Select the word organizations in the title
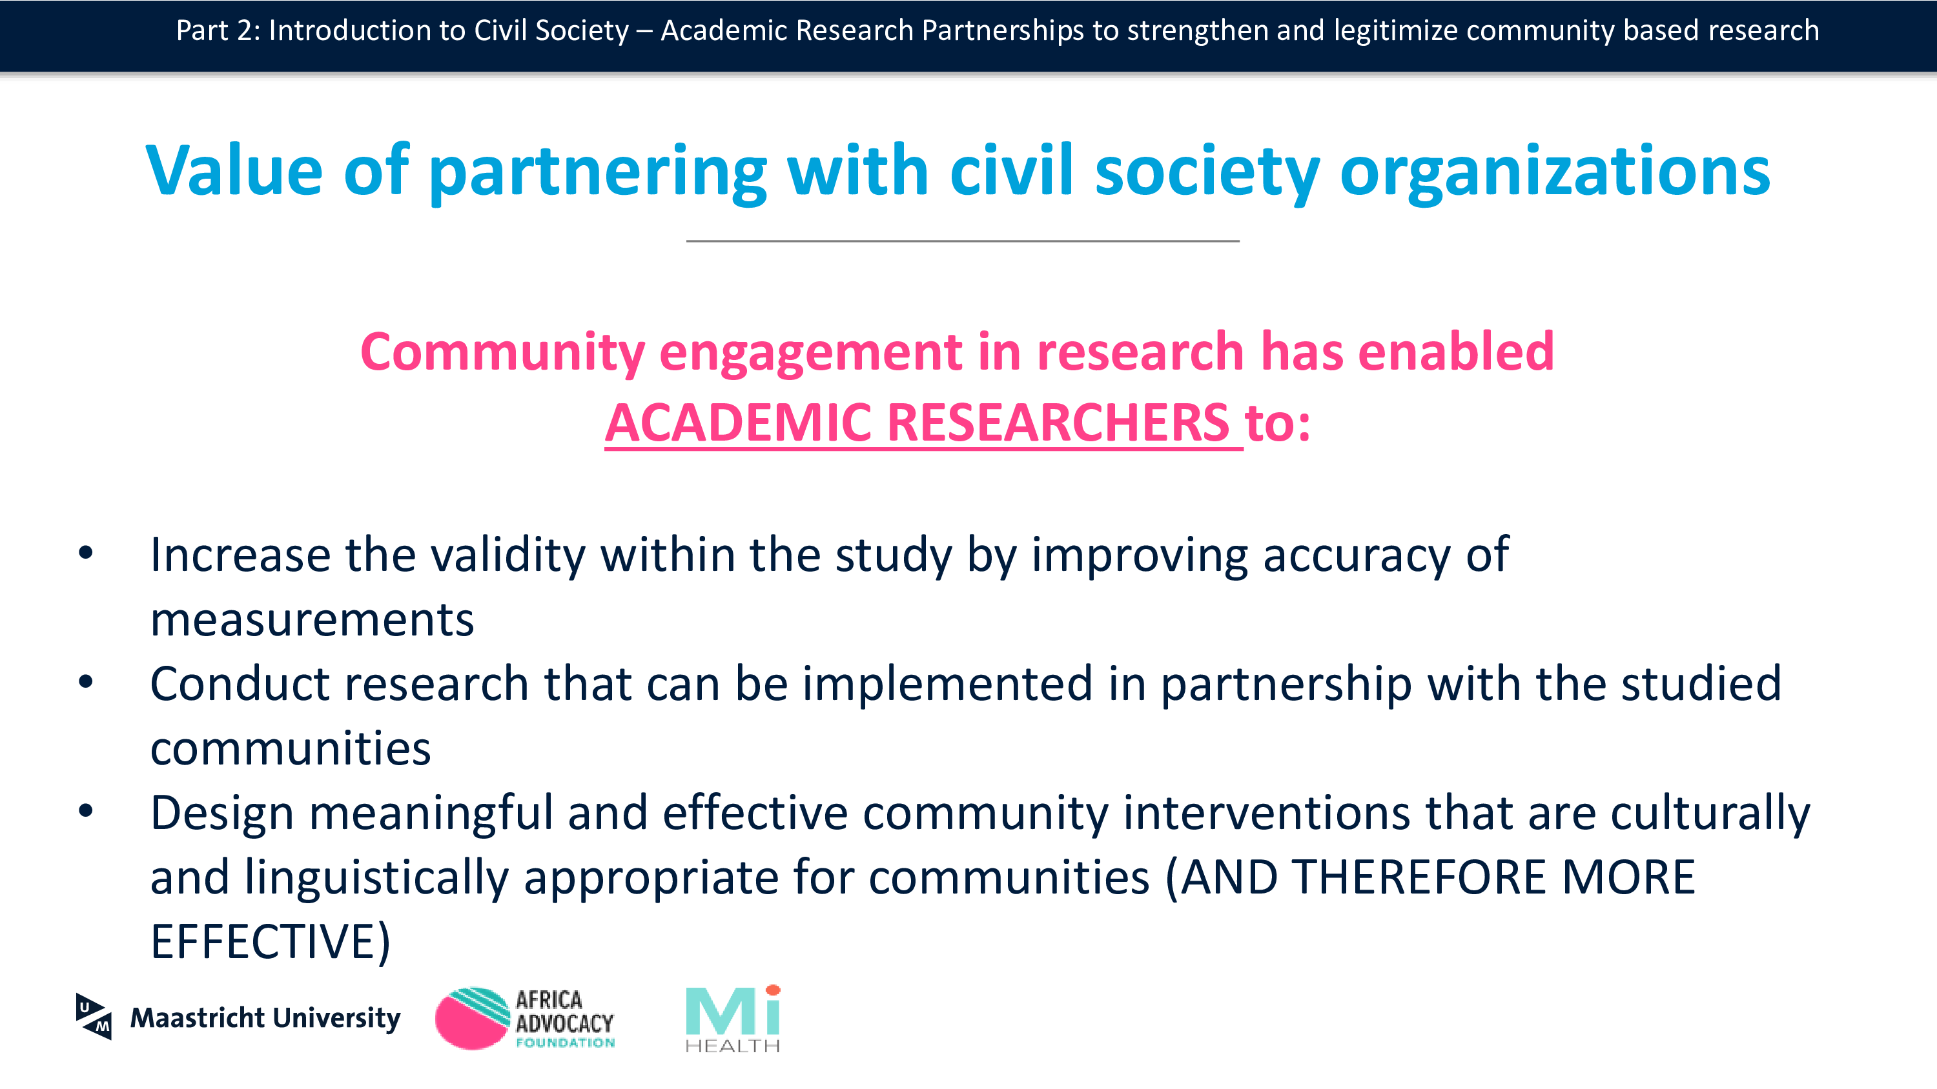pyautogui.click(x=1555, y=173)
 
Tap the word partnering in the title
pyautogui.click(x=598, y=173)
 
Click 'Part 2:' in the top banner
pyautogui.click(x=219, y=31)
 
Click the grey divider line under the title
pyautogui.click(x=963, y=241)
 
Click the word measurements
pyautogui.click(x=312, y=620)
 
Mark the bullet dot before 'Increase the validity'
pyautogui.click(x=86, y=553)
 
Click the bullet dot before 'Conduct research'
pyautogui.click(x=86, y=683)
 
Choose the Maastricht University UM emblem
pyautogui.click(x=94, y=1017)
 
